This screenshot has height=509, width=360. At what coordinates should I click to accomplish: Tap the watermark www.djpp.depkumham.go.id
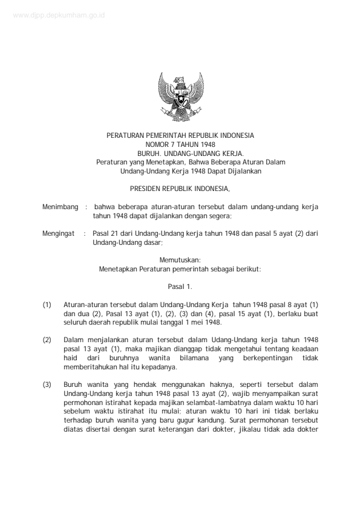[x=57, y=14]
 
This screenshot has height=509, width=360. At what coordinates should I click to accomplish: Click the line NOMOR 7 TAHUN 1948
[x=180, y=144]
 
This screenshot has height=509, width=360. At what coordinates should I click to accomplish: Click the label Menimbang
[x=60, y=207]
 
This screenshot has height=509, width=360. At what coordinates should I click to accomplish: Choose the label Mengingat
[x=59, y=233]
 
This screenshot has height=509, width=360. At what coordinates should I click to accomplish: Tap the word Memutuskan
[x=180, y=259]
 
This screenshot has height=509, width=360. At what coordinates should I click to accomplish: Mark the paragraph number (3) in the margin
[x=47, y=384]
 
